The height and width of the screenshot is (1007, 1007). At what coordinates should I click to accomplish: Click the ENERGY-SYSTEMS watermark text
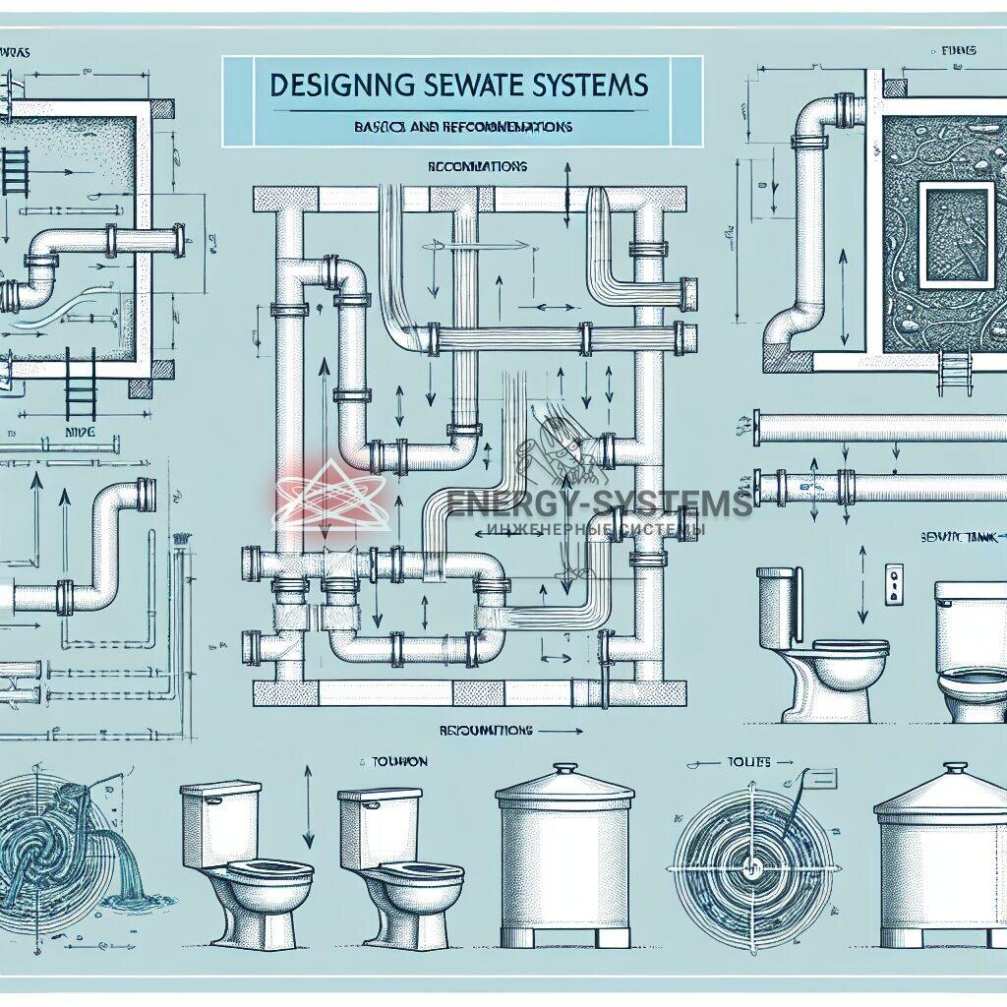click(600, 503)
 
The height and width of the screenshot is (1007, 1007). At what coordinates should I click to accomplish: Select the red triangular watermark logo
click(330, 497)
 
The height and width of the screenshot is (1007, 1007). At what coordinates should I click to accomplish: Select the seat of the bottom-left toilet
click(267, 871)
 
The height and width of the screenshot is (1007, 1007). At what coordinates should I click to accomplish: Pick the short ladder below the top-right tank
click(952, 372)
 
